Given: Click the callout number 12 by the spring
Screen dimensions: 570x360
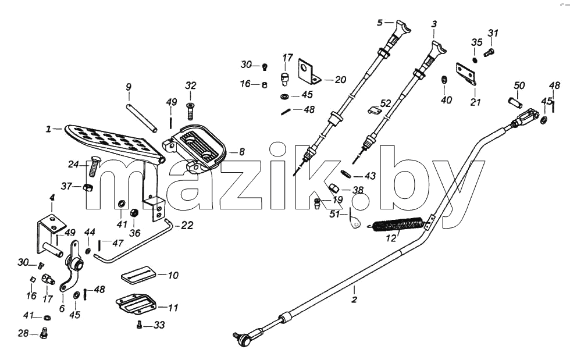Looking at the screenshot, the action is coord(391,238).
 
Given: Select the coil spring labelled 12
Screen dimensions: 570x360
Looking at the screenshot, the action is coord(398,224).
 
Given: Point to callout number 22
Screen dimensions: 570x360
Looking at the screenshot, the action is coord(187,226).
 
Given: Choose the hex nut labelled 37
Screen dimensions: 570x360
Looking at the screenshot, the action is coord(88,188).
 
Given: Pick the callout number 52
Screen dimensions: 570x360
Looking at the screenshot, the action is coord(385,104).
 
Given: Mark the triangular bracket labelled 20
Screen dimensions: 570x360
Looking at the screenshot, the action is coord(309,71).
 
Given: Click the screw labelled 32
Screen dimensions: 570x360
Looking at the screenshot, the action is coord(190,111).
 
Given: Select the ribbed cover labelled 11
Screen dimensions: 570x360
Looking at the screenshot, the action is coord(136,304).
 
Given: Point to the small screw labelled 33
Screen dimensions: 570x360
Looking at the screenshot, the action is coord(140,325).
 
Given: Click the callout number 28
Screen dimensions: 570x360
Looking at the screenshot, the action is coord(23,333).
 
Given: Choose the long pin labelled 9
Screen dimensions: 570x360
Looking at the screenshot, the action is coord(141,118).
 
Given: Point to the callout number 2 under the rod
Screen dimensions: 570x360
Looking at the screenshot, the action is coord(354,300).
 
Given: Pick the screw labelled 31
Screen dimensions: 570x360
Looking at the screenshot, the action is coord(489,52).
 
